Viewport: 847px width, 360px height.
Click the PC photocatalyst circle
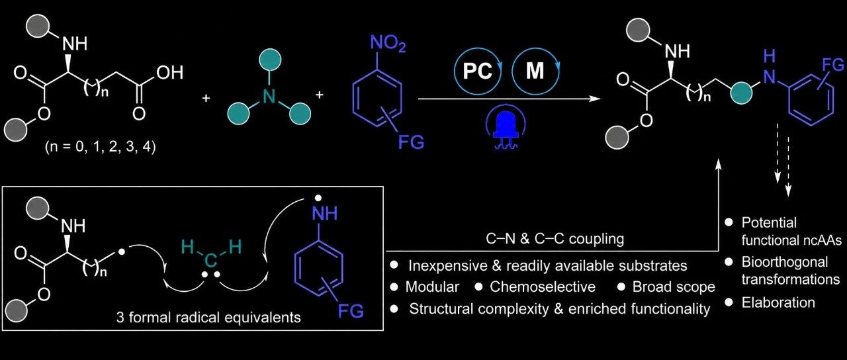click(478, 71)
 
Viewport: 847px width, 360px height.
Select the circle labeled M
click(536, 71)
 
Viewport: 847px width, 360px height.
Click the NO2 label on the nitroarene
click(388, 44)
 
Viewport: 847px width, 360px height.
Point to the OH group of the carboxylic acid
click(170, 72)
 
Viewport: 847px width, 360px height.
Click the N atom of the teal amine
click(269, 95)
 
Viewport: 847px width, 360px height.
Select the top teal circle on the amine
click(269, 60)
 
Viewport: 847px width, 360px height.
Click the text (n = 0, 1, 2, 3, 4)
click(100, 147)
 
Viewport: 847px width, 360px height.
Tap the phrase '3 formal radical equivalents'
click(208, 317)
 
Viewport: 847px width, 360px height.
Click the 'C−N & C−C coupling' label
click(555, 239)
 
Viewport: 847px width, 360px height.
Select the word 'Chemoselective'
click(543, 287)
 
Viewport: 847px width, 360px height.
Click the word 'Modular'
click(432, 287)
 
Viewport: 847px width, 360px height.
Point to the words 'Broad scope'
click(674, 287)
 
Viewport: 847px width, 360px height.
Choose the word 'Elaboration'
click(778, 302)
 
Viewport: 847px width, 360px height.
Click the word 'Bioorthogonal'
click(785, 262)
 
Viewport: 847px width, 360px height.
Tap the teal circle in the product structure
click(741, 93)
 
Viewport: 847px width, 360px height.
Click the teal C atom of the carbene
click(211, 261)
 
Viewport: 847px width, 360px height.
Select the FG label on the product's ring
click(833, 65)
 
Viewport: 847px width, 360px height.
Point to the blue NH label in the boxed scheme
click(325, 214)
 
